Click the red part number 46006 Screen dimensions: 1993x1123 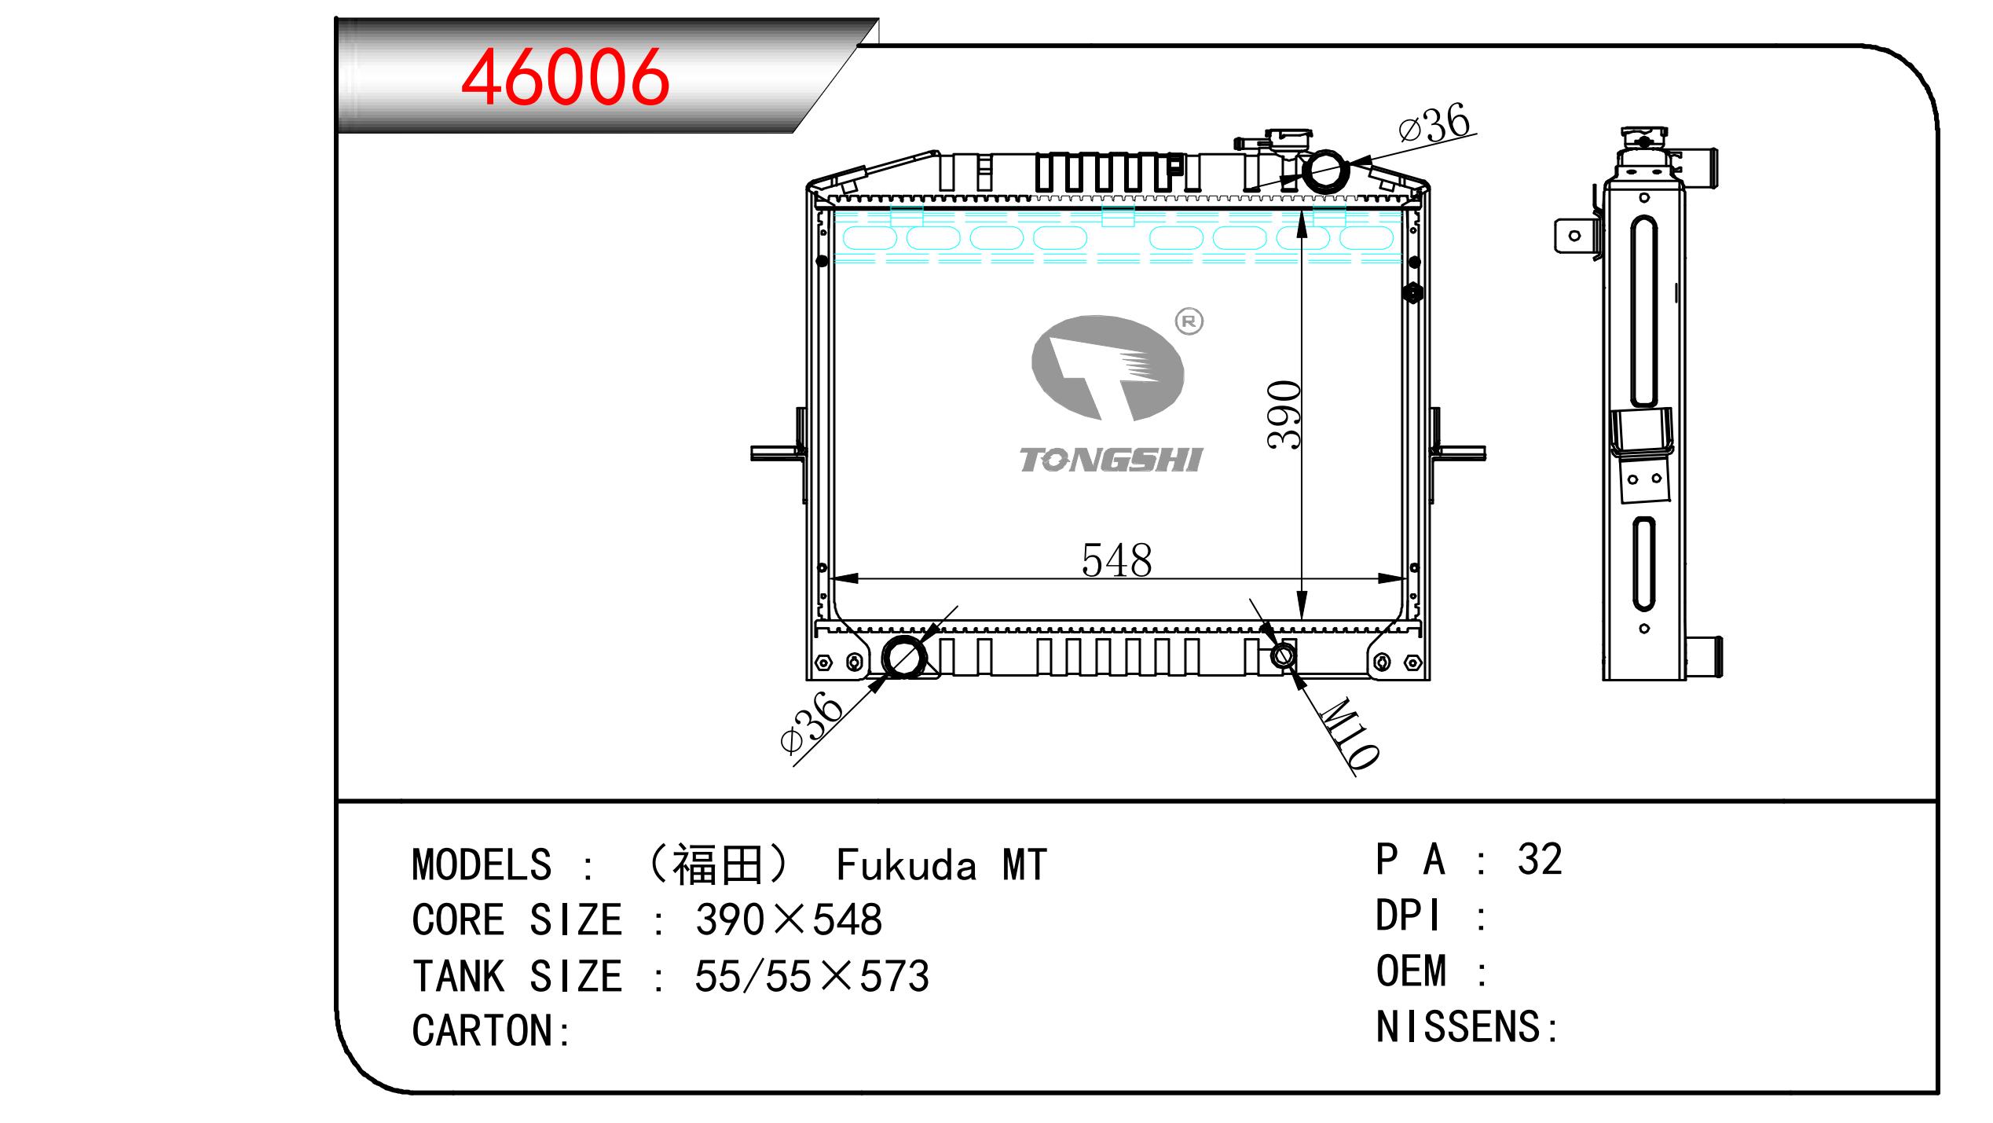coord(565,77)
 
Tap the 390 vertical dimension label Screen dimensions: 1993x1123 coord(1284,415)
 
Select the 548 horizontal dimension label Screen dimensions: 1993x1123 coord(1116,560)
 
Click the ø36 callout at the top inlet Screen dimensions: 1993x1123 coord(1434,125)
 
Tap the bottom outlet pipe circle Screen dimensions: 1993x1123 coord(904,657)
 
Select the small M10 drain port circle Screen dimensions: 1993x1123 coord(1284,655)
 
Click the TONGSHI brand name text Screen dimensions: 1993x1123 coord(1110,460)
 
